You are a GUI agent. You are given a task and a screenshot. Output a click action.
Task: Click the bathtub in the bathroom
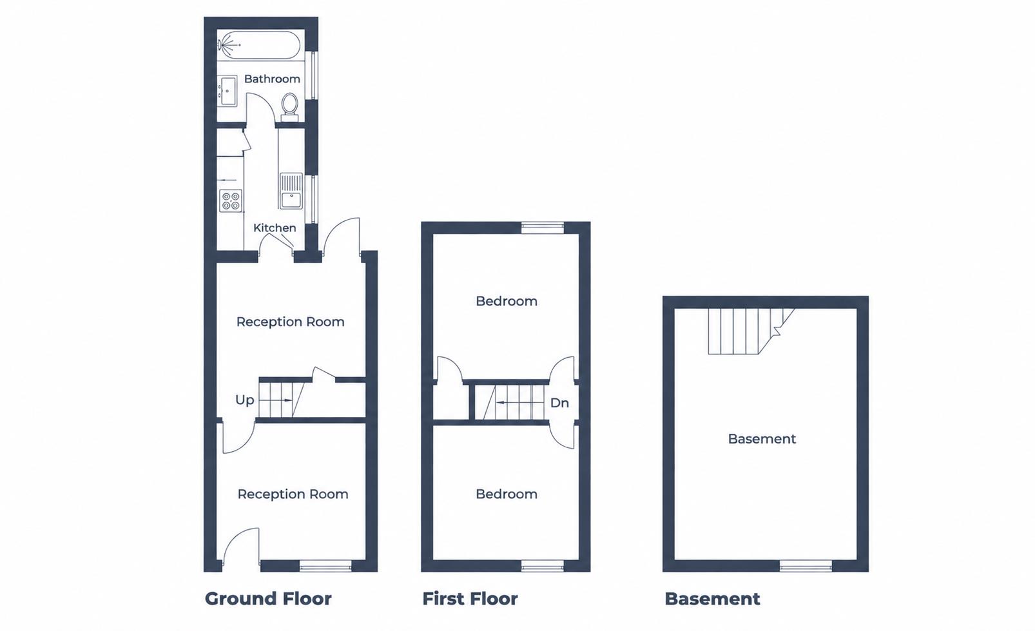(x=259, y=45)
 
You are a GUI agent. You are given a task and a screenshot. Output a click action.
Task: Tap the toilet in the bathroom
(x=290, y=106)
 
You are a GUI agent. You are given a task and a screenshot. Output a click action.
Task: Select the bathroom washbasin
(x=227, y=91)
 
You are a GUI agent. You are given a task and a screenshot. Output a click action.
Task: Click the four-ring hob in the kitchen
(x=231, y=201)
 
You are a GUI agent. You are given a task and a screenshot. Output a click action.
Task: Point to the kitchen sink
(x=291, y=191)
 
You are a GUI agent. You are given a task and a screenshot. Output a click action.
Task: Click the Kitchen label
(x=275, y=228)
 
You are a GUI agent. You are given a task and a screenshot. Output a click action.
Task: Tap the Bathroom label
(x=272, y=79)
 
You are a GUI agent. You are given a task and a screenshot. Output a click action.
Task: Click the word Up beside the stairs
(x=244, y=400)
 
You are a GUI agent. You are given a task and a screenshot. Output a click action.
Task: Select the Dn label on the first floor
(x=559, y=403)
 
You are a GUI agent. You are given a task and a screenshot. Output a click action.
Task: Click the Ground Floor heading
(x=268, y=599)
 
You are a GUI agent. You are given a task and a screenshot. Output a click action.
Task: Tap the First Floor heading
(x=470, y=599)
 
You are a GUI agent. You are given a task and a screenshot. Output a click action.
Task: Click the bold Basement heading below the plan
(x=712, y=599)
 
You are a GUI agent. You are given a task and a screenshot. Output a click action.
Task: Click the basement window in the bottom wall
(x=806, y=566)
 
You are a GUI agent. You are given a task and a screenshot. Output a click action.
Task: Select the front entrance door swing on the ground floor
(x=241, y=546)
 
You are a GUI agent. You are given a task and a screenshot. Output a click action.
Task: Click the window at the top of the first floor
(x=543, y=228)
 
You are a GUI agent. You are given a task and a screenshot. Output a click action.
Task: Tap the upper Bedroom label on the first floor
(x=507, y=302)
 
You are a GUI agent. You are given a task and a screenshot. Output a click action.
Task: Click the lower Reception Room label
(x=293, y=494)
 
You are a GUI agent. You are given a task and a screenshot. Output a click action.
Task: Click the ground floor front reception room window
(x=325, y=566)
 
